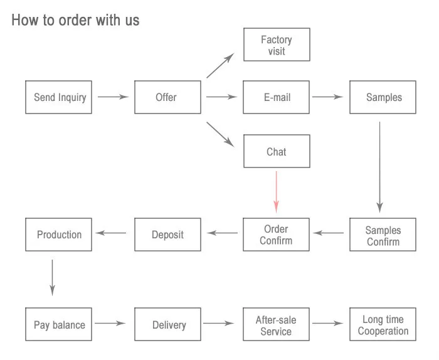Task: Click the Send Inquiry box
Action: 58,97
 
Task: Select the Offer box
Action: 167,97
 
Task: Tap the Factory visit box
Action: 277,45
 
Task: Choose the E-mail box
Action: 277,97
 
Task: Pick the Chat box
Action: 277,151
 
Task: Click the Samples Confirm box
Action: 383,235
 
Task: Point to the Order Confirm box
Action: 277,235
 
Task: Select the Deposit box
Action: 167,235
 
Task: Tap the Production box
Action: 58,235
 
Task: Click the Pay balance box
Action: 58,324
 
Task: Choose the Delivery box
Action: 167,324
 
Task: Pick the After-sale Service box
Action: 277,324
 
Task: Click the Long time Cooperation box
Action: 383,324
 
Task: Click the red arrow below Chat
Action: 277,192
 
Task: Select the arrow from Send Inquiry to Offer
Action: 113,97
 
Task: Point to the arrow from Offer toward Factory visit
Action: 220,65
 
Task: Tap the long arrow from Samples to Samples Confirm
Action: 379,167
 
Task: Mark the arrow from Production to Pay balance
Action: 52,277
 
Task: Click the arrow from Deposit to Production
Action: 111,233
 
